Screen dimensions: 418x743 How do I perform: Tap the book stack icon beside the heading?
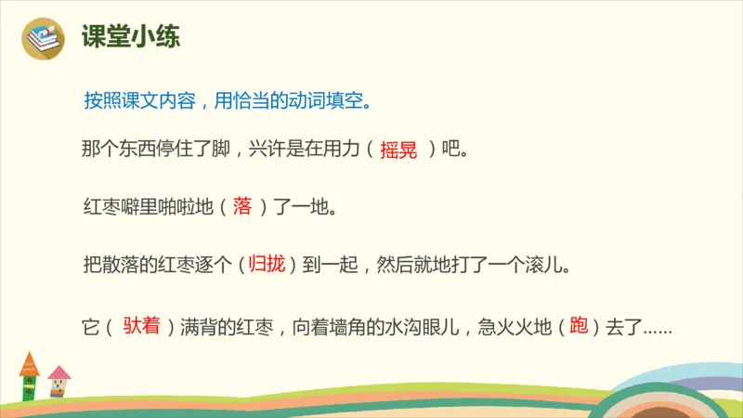(44, 38)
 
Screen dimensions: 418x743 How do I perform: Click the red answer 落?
(242, 206)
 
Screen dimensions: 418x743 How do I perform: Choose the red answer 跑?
(580, 326)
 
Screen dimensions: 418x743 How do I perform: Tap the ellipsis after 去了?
(657, 329)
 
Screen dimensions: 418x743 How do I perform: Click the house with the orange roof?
(29, 375)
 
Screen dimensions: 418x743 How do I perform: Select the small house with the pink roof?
(59, 381)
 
